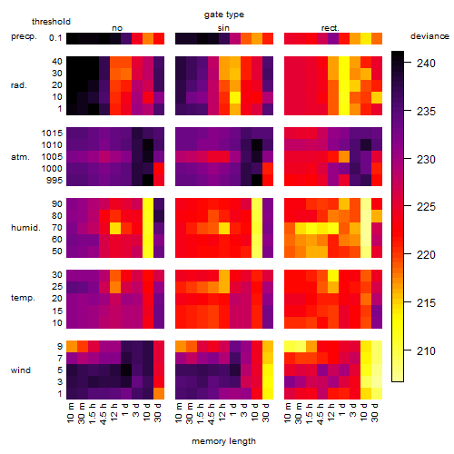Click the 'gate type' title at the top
coord(224,15)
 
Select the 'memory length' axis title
coord(223,441)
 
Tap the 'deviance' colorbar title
coord(429,36)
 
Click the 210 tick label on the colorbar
coord(426,351)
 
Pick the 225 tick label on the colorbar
coord(426,207)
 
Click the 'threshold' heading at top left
coord(51,22)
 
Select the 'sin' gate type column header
coord(223,28)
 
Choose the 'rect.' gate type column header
coord(330,28)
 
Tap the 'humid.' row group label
coord(25,228)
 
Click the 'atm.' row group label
coord(20,157)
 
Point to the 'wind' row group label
coord(21,370)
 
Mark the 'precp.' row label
coord(24,36)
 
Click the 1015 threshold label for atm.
coord(52,133)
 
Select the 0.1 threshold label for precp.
coord(55,38)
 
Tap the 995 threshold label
coord(54,181)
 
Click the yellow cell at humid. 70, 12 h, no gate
coord(115,228)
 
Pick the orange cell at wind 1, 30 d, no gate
coord(159,393)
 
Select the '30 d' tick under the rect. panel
coord(374,412)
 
